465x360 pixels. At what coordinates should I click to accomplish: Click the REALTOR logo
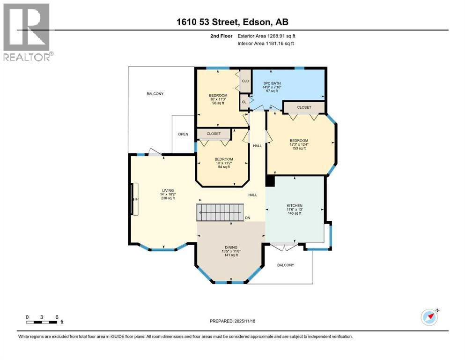pos(27,32)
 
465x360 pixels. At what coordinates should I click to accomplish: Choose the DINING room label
pos(230,251)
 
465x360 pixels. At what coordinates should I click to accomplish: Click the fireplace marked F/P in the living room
pos(134,199)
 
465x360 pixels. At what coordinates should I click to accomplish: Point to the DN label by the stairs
pos(248,218)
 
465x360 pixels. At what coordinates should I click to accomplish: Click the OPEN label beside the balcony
pos(183,135)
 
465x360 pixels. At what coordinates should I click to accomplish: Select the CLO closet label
pos(245,81)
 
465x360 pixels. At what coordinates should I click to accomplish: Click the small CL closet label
pos(244,102)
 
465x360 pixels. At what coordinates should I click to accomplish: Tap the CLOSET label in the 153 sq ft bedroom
pos(304,107)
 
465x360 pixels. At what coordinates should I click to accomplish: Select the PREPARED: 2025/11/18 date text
pos(232,321)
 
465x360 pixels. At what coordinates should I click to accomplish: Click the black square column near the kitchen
pos(270,181)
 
